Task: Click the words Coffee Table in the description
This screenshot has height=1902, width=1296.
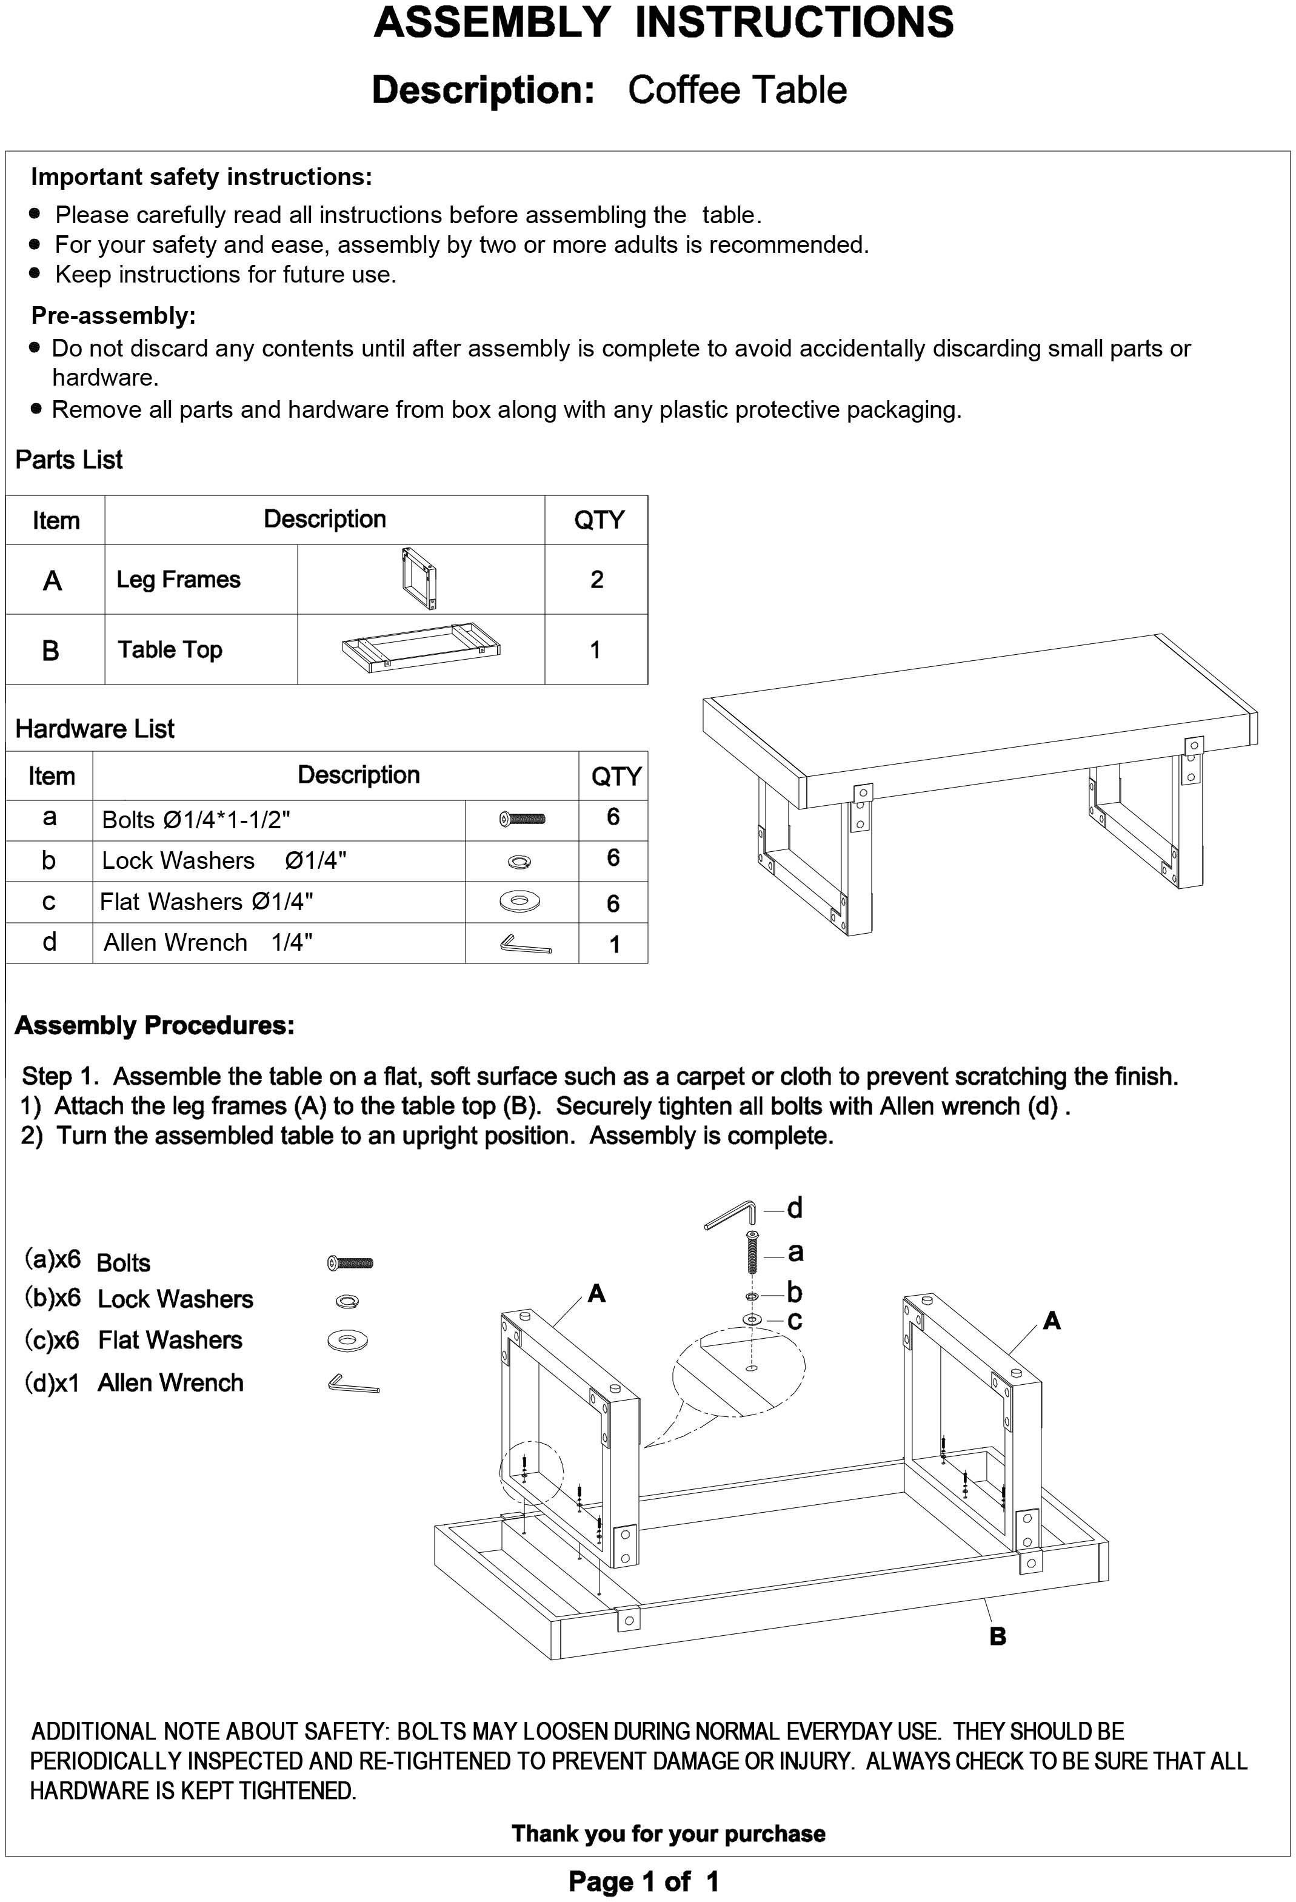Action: (737, 90)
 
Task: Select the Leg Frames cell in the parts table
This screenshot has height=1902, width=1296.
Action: (178, 580)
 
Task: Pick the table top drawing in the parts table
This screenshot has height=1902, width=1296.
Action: (421, 649)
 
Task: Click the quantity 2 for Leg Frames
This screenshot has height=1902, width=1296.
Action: (596, 580)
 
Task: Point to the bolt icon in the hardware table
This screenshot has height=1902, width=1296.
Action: (522, 819)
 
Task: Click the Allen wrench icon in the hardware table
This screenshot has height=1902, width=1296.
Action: (524, 945)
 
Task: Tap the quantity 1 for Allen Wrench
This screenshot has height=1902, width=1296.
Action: (613, 945)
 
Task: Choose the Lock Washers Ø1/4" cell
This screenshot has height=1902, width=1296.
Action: (223, 861)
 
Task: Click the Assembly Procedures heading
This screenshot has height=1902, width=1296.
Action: (155, 1025)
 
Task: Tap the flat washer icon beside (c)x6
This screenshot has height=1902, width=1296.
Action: (347, 1341)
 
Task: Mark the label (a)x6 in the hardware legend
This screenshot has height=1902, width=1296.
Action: (52, 1259)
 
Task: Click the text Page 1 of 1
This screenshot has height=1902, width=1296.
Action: (644, 1881)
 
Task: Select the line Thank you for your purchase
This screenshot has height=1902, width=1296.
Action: (667, 1833)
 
